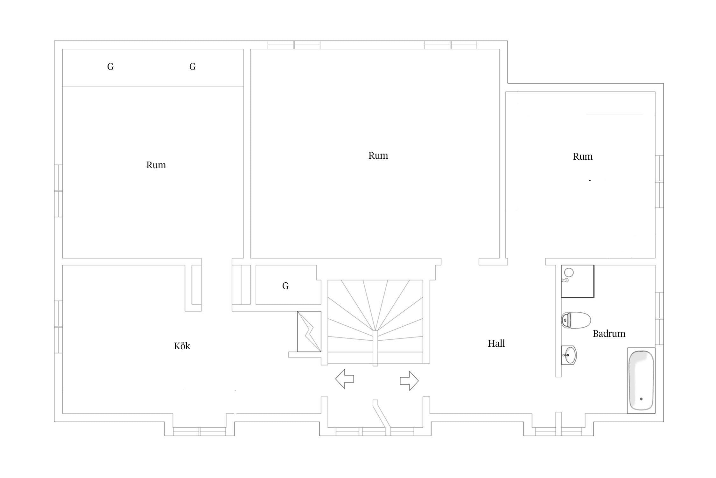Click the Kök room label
(x=182, y=346)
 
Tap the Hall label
(x=496, y=343)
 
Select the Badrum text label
(x=609, y=334)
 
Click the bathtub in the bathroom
(x=641, y=380)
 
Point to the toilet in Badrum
(x=576, y=320)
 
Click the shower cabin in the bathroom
(x=578, y=281)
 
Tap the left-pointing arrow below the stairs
(x=345, y=379)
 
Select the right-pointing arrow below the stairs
(x=409, y=380)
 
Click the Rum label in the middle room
(x=378, y=156)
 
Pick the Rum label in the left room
(x=156, y=165)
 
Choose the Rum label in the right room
(x=583, y=156)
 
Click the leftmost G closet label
(x=110, y=67)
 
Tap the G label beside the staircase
(x=285, y=286)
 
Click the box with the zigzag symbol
(x=309, y=331)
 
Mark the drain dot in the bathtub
(x=641, y=399)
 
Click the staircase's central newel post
(x=375, y=348)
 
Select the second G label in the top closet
(x=193, y=67)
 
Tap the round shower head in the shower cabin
(x=569, y=272)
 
